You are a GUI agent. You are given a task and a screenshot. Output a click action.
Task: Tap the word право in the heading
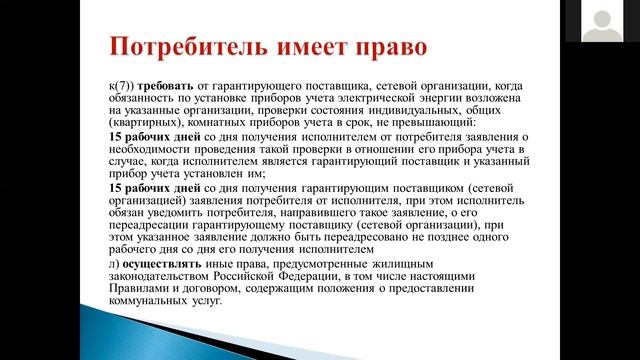click(383, 47)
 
